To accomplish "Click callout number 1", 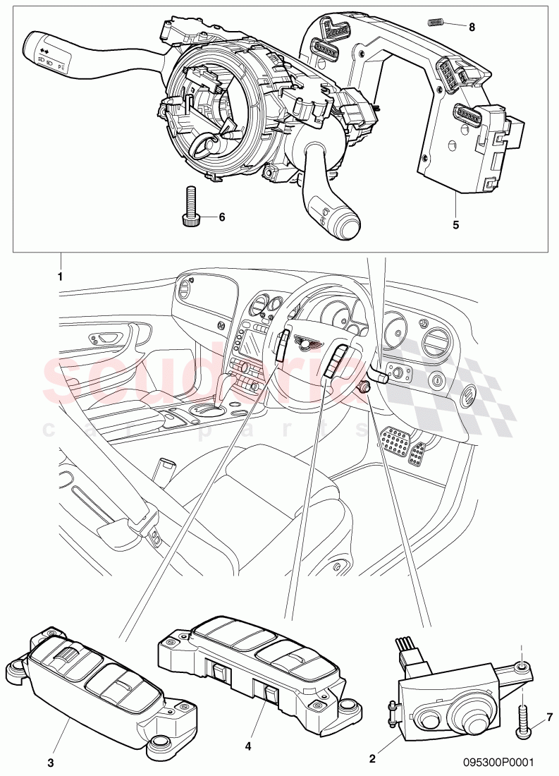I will pyautogui.click(x=61, y=277).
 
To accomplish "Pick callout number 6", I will pyautogui.click(x=221, y=217).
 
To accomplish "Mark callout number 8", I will pyautogui.click(x=472, y=27).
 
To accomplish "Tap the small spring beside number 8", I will pyautogui.click(x=436, y=23).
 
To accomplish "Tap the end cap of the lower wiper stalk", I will pyautogui.click(x=347, y=227).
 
